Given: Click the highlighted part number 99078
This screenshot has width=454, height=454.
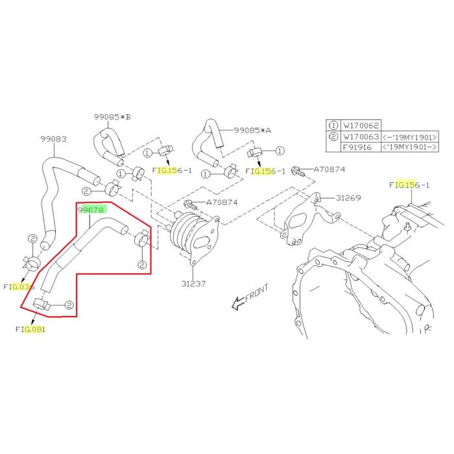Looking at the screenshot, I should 91,209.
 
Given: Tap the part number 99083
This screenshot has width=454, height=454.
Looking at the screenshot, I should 53,139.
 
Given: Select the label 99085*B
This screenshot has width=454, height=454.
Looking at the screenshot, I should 112,117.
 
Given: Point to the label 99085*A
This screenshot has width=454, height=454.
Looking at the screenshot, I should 252,130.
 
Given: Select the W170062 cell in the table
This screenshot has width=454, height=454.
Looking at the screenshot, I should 363,125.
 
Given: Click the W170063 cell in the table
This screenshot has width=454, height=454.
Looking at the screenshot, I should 363,136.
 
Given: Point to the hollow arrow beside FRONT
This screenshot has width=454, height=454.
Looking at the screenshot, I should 237,301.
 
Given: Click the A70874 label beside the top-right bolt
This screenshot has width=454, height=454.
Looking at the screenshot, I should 330,170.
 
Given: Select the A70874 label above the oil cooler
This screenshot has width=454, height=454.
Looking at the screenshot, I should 222,202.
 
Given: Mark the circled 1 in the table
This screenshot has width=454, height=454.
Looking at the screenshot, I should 334,125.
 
